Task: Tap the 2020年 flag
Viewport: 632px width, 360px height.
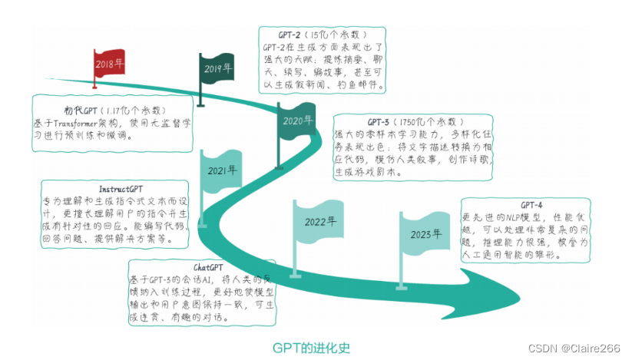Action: (297, 122)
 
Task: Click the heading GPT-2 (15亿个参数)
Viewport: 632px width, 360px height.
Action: (322, 35)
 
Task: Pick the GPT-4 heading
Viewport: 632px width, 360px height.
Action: (531, 205)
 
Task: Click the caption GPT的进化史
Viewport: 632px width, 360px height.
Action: (311, 347)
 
